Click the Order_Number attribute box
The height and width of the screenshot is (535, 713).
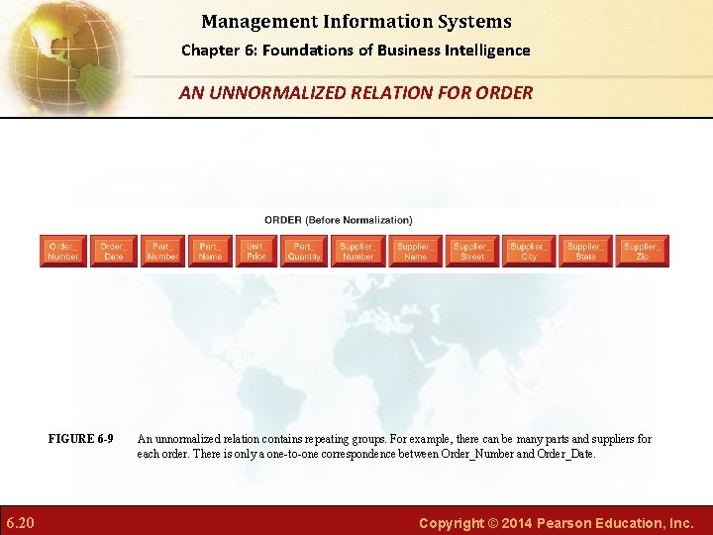[x=63, y=252]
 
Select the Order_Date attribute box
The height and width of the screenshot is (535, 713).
[x=114, y=252]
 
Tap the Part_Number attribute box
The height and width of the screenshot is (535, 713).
[x=162, y=252]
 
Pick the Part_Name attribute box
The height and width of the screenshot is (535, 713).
[x=210, y=252]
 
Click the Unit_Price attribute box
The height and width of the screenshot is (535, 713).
[x=256, y=252]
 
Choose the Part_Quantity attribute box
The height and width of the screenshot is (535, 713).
[x=304, y=252]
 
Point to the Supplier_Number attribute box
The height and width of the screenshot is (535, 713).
[x=357, y=252]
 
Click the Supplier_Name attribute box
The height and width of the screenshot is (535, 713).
[x=415, y=252]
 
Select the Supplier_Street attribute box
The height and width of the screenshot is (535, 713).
[x=472, y=252]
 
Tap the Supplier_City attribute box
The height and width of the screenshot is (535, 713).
[x=529, y=252]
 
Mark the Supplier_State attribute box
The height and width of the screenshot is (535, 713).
[x=585, y=252]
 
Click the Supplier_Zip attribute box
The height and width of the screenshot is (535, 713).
[x=642, y=252]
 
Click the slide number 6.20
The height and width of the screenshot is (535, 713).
[x=20, y=522]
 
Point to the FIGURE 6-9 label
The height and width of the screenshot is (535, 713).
[x=80, y=439]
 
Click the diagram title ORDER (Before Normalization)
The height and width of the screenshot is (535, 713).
[x=338, y=220]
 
